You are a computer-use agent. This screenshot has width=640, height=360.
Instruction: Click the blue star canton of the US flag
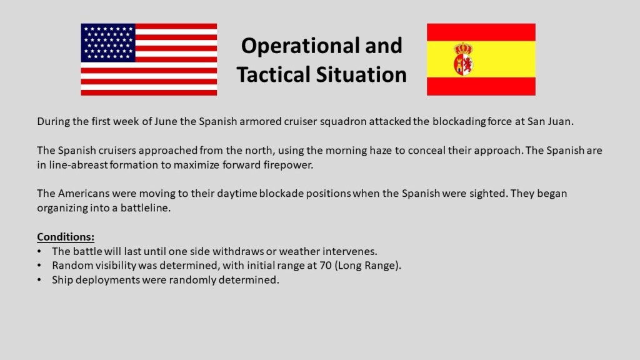(108, 43)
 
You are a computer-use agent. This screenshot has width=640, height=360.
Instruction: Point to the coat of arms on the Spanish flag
(464, 59)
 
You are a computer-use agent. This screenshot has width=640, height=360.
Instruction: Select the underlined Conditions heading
(66, 237)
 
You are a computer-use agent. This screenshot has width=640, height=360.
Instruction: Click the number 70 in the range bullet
(326, 265)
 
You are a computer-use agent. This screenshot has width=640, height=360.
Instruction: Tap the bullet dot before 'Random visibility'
(39, 266)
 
